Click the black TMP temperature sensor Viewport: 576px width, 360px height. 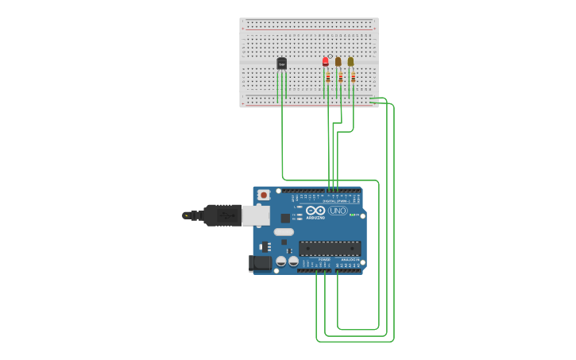coord(281,64)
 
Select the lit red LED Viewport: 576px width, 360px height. coord(325,61)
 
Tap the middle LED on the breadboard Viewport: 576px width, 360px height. coord(338,61)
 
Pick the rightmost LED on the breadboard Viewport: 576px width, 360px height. coord(350,61)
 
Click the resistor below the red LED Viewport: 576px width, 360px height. coord(327,77)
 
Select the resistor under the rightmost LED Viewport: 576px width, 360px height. coord(353,77)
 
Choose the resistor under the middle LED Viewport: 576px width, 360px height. coord(340,77)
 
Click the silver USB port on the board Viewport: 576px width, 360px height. coord(255,215)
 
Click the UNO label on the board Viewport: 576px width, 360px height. coord(338,211)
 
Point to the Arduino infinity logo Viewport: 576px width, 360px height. coord(315,211)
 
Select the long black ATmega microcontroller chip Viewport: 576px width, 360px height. coord(330,248)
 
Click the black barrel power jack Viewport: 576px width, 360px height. coord(260,263)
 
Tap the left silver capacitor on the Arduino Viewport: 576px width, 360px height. coord(280,261)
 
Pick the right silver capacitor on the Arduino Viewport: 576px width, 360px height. coord(293,261)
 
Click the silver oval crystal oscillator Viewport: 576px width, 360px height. coord(284,232)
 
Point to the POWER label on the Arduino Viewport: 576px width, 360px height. coord(324,259)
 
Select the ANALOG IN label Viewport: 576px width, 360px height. coord(349,259)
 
